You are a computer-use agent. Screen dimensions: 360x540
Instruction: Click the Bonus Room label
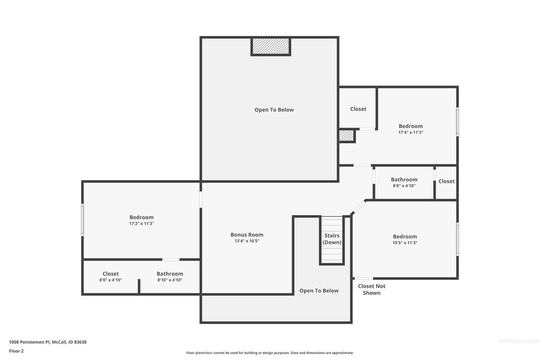(x=247, y=235)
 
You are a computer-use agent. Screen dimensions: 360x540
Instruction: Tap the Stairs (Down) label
(x=332, y=239)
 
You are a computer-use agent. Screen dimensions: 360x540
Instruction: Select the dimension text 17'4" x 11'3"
(x=410, y=132)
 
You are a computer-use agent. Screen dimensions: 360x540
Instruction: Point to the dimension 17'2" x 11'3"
(x=141, y=223)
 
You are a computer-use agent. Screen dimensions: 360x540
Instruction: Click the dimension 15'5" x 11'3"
(x=404, y=242)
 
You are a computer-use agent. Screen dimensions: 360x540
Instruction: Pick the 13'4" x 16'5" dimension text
(x=247, y=241)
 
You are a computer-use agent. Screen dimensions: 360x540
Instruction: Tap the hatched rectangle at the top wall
(x=271, y=46)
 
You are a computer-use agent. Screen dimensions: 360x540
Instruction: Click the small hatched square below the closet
(x=346, y=136)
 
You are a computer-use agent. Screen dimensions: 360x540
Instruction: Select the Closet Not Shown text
(x=372, y=289)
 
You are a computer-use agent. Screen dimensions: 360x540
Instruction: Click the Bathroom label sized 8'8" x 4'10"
(x=404, y=180)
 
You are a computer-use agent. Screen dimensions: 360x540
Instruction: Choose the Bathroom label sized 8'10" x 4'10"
(x=170, y=274)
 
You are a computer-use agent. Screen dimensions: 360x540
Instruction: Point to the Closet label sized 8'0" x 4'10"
(x=111, y=274)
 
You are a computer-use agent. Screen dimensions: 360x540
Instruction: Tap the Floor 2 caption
(x=16, y=351)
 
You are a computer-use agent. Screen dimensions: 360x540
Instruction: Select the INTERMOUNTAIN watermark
(x=518, y=341)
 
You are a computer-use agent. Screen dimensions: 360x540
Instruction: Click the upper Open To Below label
(x=274, y=110)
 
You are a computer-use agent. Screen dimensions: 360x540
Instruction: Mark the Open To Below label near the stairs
(x=319, y=290)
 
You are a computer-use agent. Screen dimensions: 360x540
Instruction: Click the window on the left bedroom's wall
(x=82, y=219)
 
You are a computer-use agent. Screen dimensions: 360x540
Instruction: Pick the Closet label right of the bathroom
(x=446, y=181)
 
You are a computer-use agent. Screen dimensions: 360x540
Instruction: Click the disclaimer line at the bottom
(x=269, y=353)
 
